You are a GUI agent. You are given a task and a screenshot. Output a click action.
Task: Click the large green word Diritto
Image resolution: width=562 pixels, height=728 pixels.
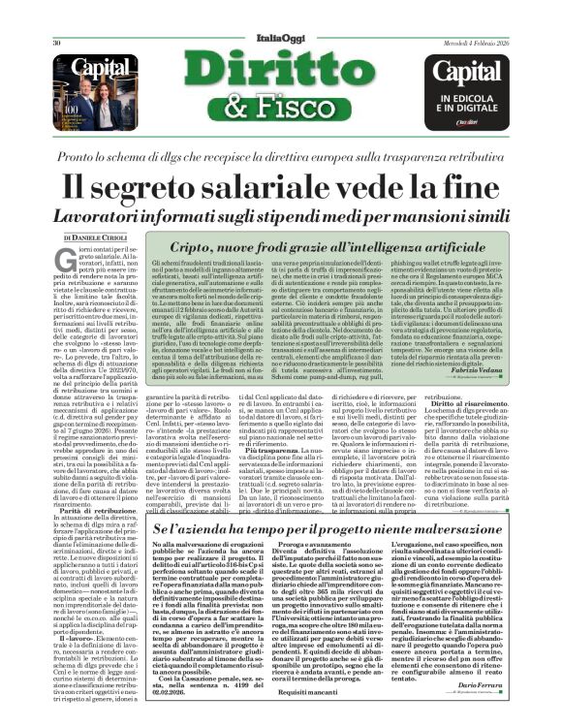[282, 53]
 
